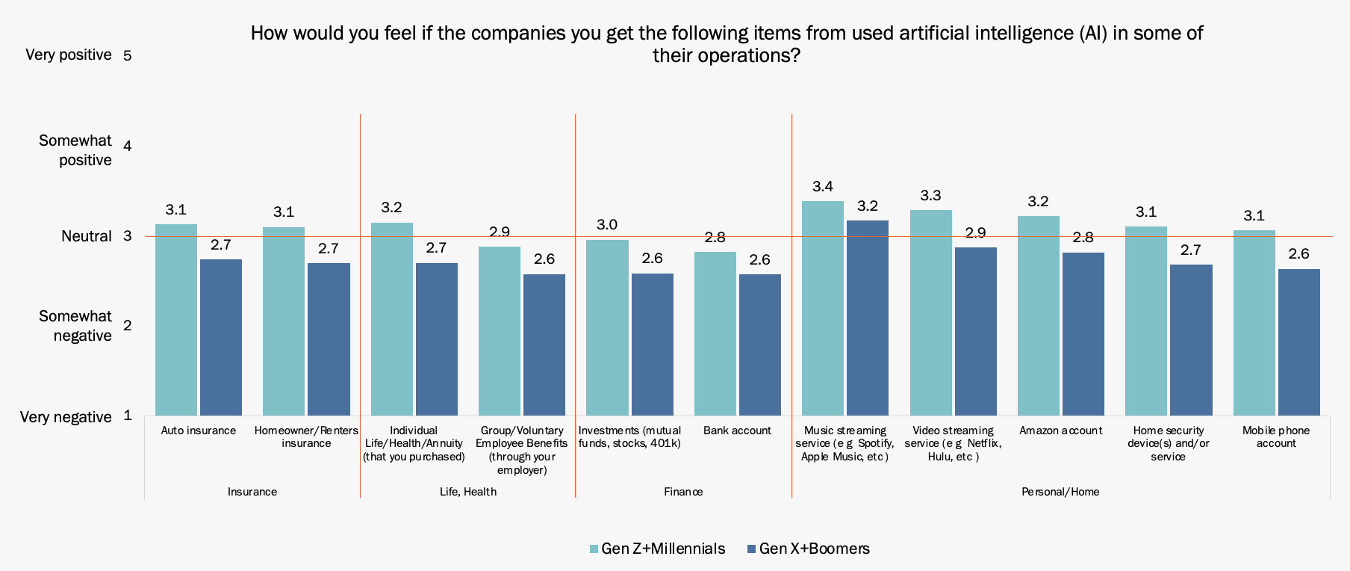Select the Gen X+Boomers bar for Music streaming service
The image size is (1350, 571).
(x=867, y=318)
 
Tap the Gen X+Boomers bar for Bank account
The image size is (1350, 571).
(x=759, y=345)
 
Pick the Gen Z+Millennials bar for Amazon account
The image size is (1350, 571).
(x=1038, y=315)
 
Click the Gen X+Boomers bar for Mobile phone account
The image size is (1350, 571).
(x=1298, y=342)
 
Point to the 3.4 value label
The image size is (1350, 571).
(x=823, y=187)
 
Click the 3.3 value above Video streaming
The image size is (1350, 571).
(x=930, y=196)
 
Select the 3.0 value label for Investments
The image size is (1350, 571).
(x=607, y=225)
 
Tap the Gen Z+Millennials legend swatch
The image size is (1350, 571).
(x=594, y=549)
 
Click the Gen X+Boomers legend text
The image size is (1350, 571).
(x=814, y=549)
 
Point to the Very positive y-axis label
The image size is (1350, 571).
(x=69, y=55)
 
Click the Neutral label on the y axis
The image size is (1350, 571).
(x=87, y=237)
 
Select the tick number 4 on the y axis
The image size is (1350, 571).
(x=128, y=146)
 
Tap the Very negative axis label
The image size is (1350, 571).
(x=66, y=417)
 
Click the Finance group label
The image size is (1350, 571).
(x=683, y=492)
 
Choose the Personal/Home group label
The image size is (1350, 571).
(x=1060, y=492)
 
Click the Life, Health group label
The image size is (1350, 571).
(x=468, y=492)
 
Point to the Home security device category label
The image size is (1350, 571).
(x=1168, y=443)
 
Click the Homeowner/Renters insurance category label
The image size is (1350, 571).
(x=306, y=436)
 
